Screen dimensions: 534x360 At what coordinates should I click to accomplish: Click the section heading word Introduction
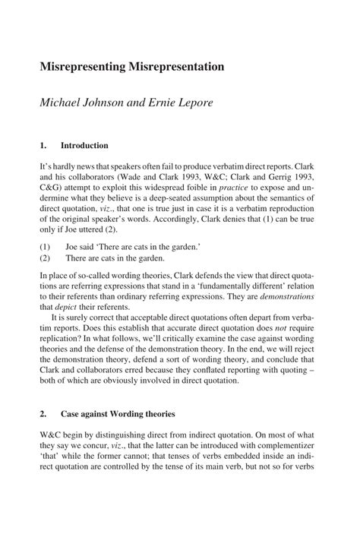[85, 145]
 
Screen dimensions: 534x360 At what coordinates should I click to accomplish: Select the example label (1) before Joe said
[46, 246]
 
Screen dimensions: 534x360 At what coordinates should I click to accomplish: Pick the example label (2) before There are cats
[46, 258]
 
